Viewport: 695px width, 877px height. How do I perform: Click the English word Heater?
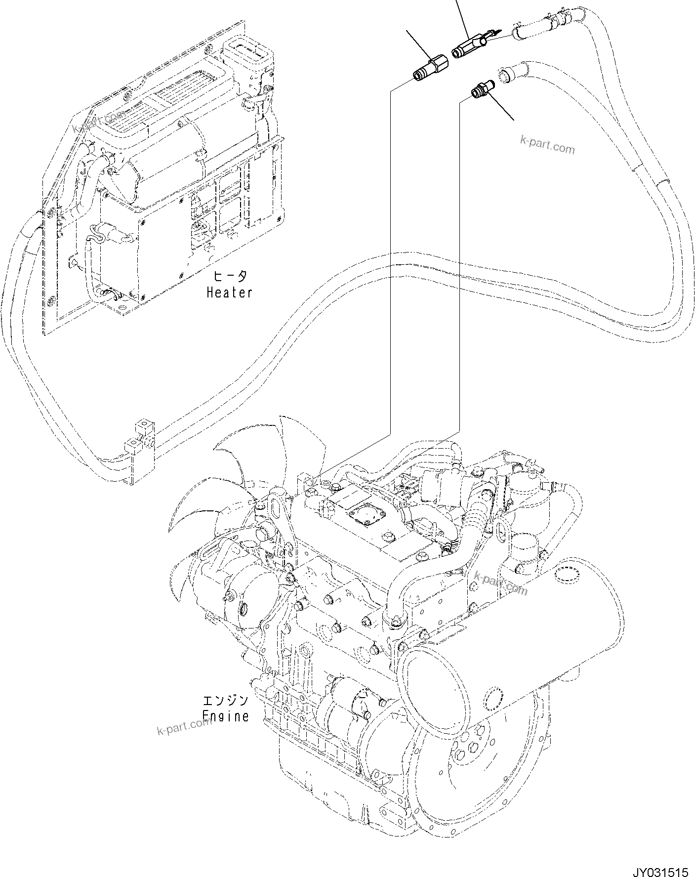229,292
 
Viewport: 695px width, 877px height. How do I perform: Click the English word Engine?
226,716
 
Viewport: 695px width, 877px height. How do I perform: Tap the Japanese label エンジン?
225,700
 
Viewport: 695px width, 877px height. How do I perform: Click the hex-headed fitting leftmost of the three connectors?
429,69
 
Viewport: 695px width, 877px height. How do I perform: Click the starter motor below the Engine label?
346,702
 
